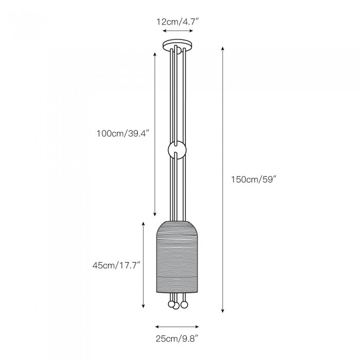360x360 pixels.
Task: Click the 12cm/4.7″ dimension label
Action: (178, 22)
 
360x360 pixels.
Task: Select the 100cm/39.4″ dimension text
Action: (122, 134)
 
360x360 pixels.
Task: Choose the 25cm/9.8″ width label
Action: (176, 338)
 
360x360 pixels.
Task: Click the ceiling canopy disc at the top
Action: (178, 45)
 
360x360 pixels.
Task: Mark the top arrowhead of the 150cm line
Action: (223, 48)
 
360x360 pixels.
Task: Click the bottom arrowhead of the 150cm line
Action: (223, 311)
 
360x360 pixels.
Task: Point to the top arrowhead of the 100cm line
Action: (156, 52)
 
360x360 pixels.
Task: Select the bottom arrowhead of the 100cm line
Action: (156, 215)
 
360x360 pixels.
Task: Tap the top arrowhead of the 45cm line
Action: (143, 223)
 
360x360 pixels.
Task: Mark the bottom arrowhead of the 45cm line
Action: (143, 307)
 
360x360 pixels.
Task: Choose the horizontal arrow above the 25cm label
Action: (176, 326)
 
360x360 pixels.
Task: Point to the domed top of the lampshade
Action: (178, 224)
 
